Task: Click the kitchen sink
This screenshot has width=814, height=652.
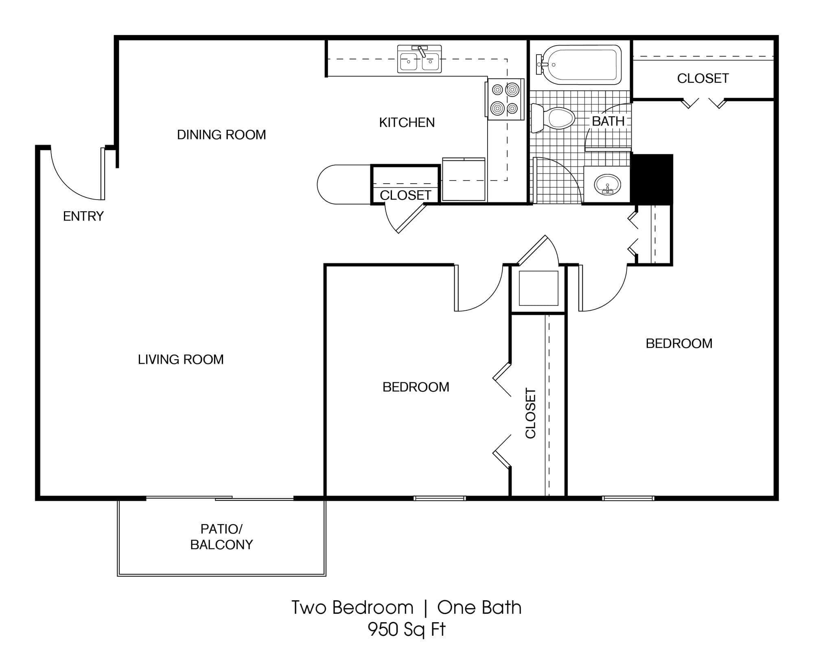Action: point(419,59)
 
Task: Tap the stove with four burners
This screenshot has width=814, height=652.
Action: point(505,99)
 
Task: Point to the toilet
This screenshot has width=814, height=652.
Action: point(552,118)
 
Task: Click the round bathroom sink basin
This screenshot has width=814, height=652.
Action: point(607,185)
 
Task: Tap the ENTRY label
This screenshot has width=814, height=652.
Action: point(83,216)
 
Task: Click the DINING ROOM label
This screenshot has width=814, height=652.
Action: point(221,134)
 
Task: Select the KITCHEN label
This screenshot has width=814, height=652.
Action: point(407,122)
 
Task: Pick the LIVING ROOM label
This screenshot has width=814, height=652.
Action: point(181,359)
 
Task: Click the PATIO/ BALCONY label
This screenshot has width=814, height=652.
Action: point(221,537)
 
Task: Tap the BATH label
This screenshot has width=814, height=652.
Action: point(608,121)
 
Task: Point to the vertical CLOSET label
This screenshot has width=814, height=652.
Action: point(530,413)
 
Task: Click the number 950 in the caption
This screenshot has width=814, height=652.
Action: point(383,629)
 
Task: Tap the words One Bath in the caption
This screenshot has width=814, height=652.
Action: point(479,608)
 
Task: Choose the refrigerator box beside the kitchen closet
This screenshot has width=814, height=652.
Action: point(464,180)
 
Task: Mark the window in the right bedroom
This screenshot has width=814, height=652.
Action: point(628,498)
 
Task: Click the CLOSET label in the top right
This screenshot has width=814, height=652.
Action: point(703,78)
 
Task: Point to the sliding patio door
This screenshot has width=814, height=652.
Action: point(220,498)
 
